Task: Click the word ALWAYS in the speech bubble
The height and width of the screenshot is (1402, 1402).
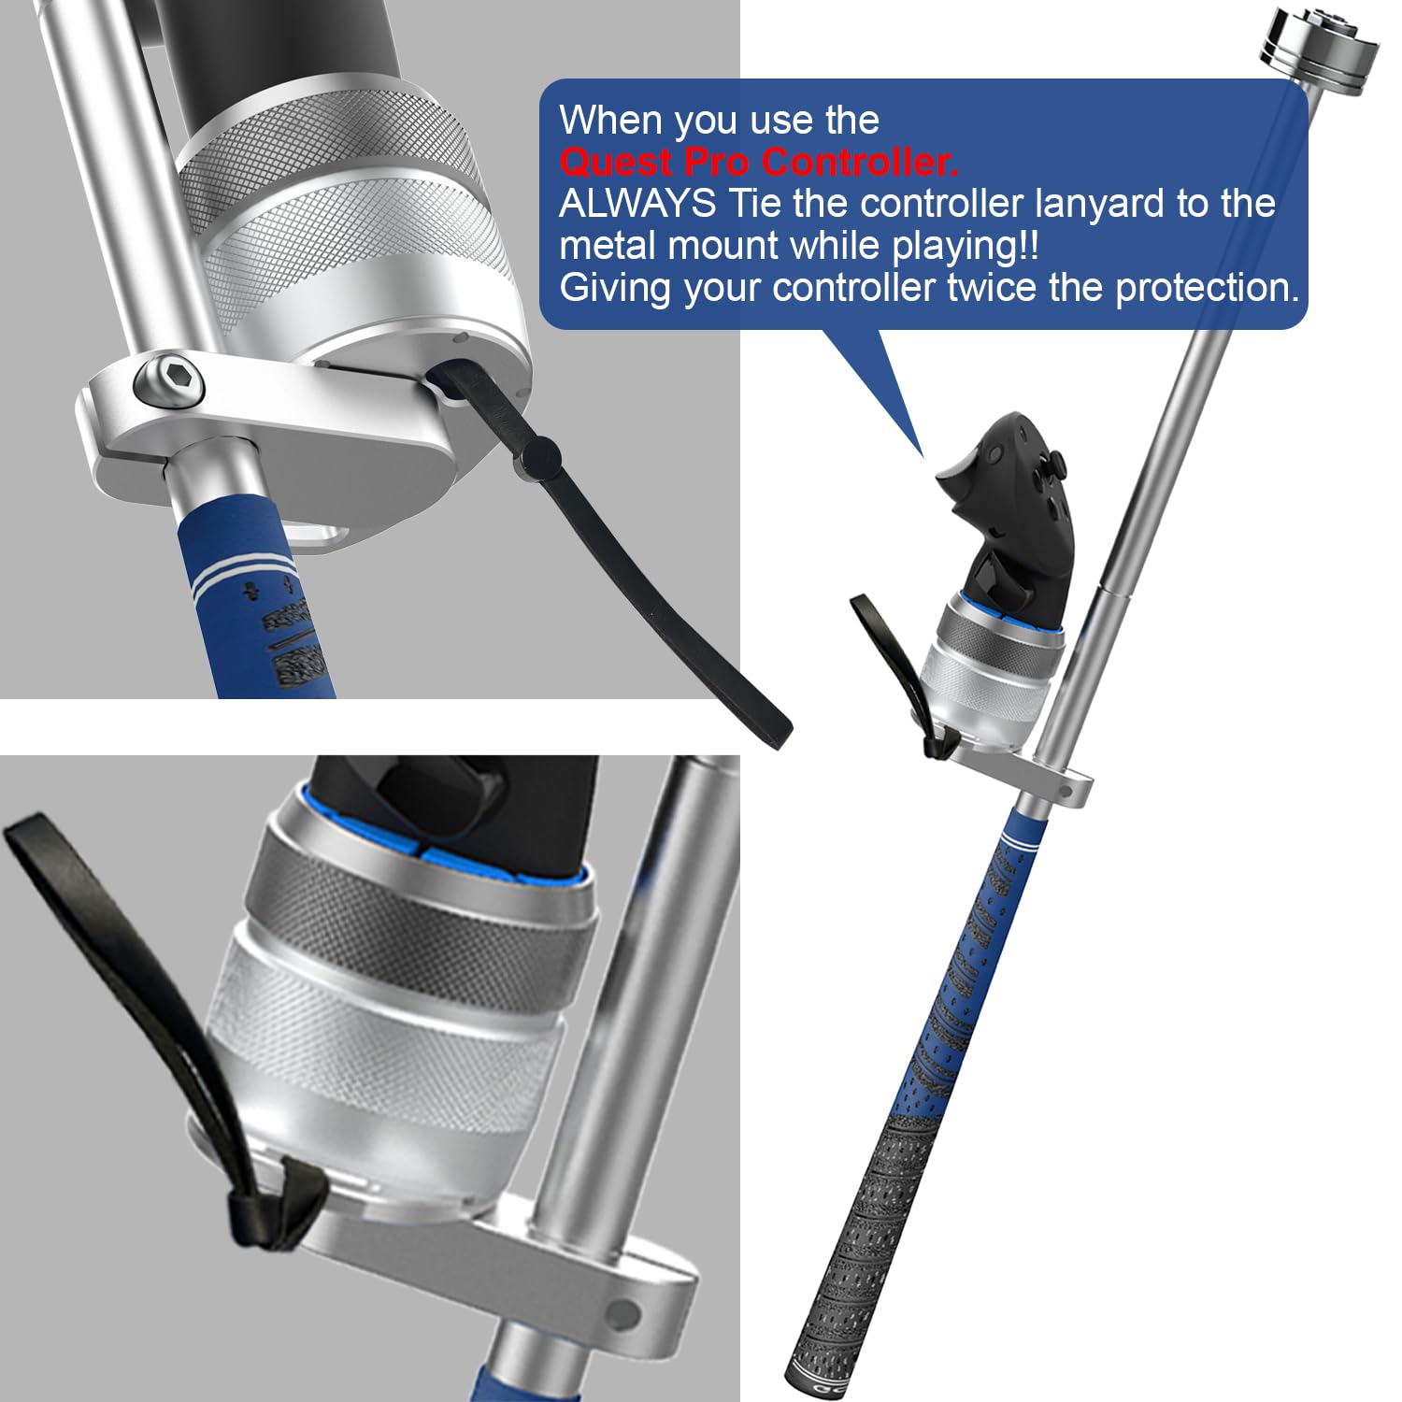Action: tap(637, 204)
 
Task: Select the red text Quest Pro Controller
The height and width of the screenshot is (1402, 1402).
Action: tap(759, 163)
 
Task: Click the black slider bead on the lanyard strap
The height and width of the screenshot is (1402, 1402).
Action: tap(540, 456)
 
